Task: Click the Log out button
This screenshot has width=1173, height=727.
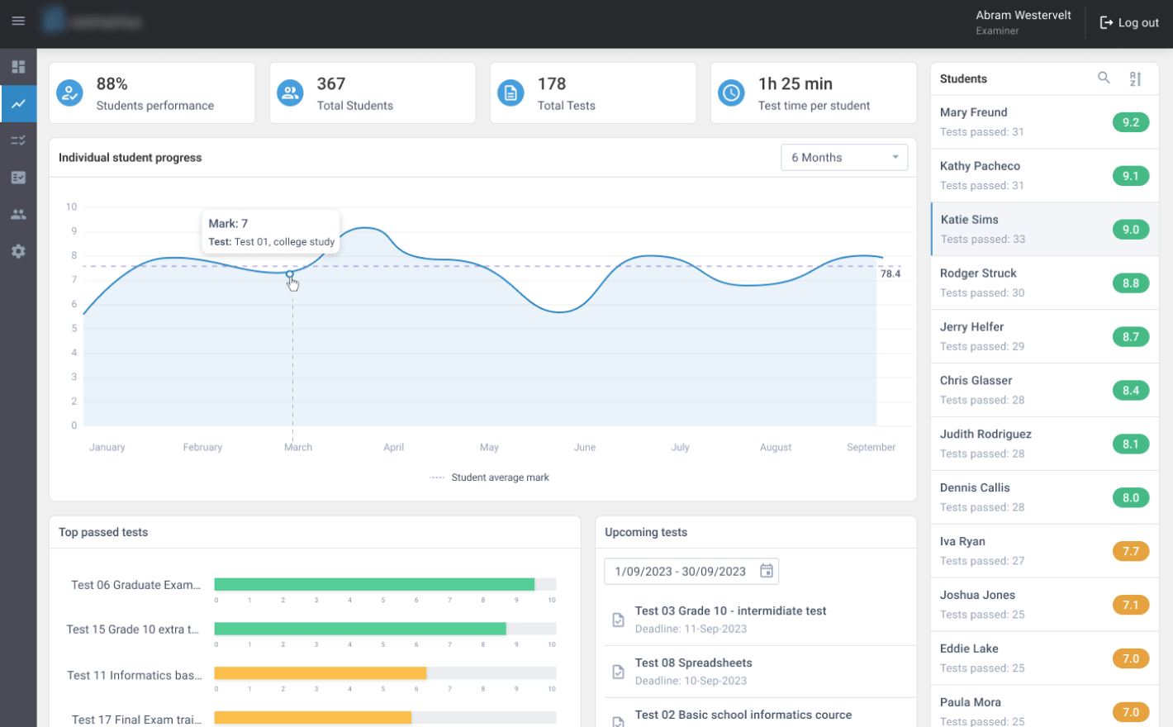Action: pos(1129,23)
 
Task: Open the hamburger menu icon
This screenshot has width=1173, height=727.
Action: pos(18,21)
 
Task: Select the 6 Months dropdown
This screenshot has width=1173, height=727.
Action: pos(843,158)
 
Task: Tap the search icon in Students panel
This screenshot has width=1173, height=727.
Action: pos(1104,78)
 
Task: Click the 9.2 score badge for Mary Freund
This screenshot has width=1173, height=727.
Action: pos(1130,122)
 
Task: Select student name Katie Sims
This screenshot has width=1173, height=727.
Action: pos(969,220)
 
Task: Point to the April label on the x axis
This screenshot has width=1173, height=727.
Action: pos(393,447)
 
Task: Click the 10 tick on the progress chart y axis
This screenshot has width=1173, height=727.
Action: pos(72,207)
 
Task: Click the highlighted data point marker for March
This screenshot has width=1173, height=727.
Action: pos(290,273)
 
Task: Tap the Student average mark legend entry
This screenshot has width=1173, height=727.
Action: pos(500,478)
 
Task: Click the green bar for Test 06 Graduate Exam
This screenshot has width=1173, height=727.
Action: pos(374,584)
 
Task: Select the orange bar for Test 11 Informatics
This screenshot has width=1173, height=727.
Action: pos(321,673)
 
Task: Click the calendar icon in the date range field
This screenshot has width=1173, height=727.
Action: pos(767,571)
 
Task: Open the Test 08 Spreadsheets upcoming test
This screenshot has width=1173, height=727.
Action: pos(693,663)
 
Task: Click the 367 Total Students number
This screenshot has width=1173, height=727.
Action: pos(331,84)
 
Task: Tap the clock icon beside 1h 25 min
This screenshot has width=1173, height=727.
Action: pos(731,93)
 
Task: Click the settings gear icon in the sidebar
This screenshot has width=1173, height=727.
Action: pos(18,251)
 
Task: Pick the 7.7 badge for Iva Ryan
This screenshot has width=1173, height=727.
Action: pos(1130,551)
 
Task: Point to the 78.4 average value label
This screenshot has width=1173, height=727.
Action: pos(890,273)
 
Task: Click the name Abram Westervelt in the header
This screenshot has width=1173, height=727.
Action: pos(1023,15)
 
